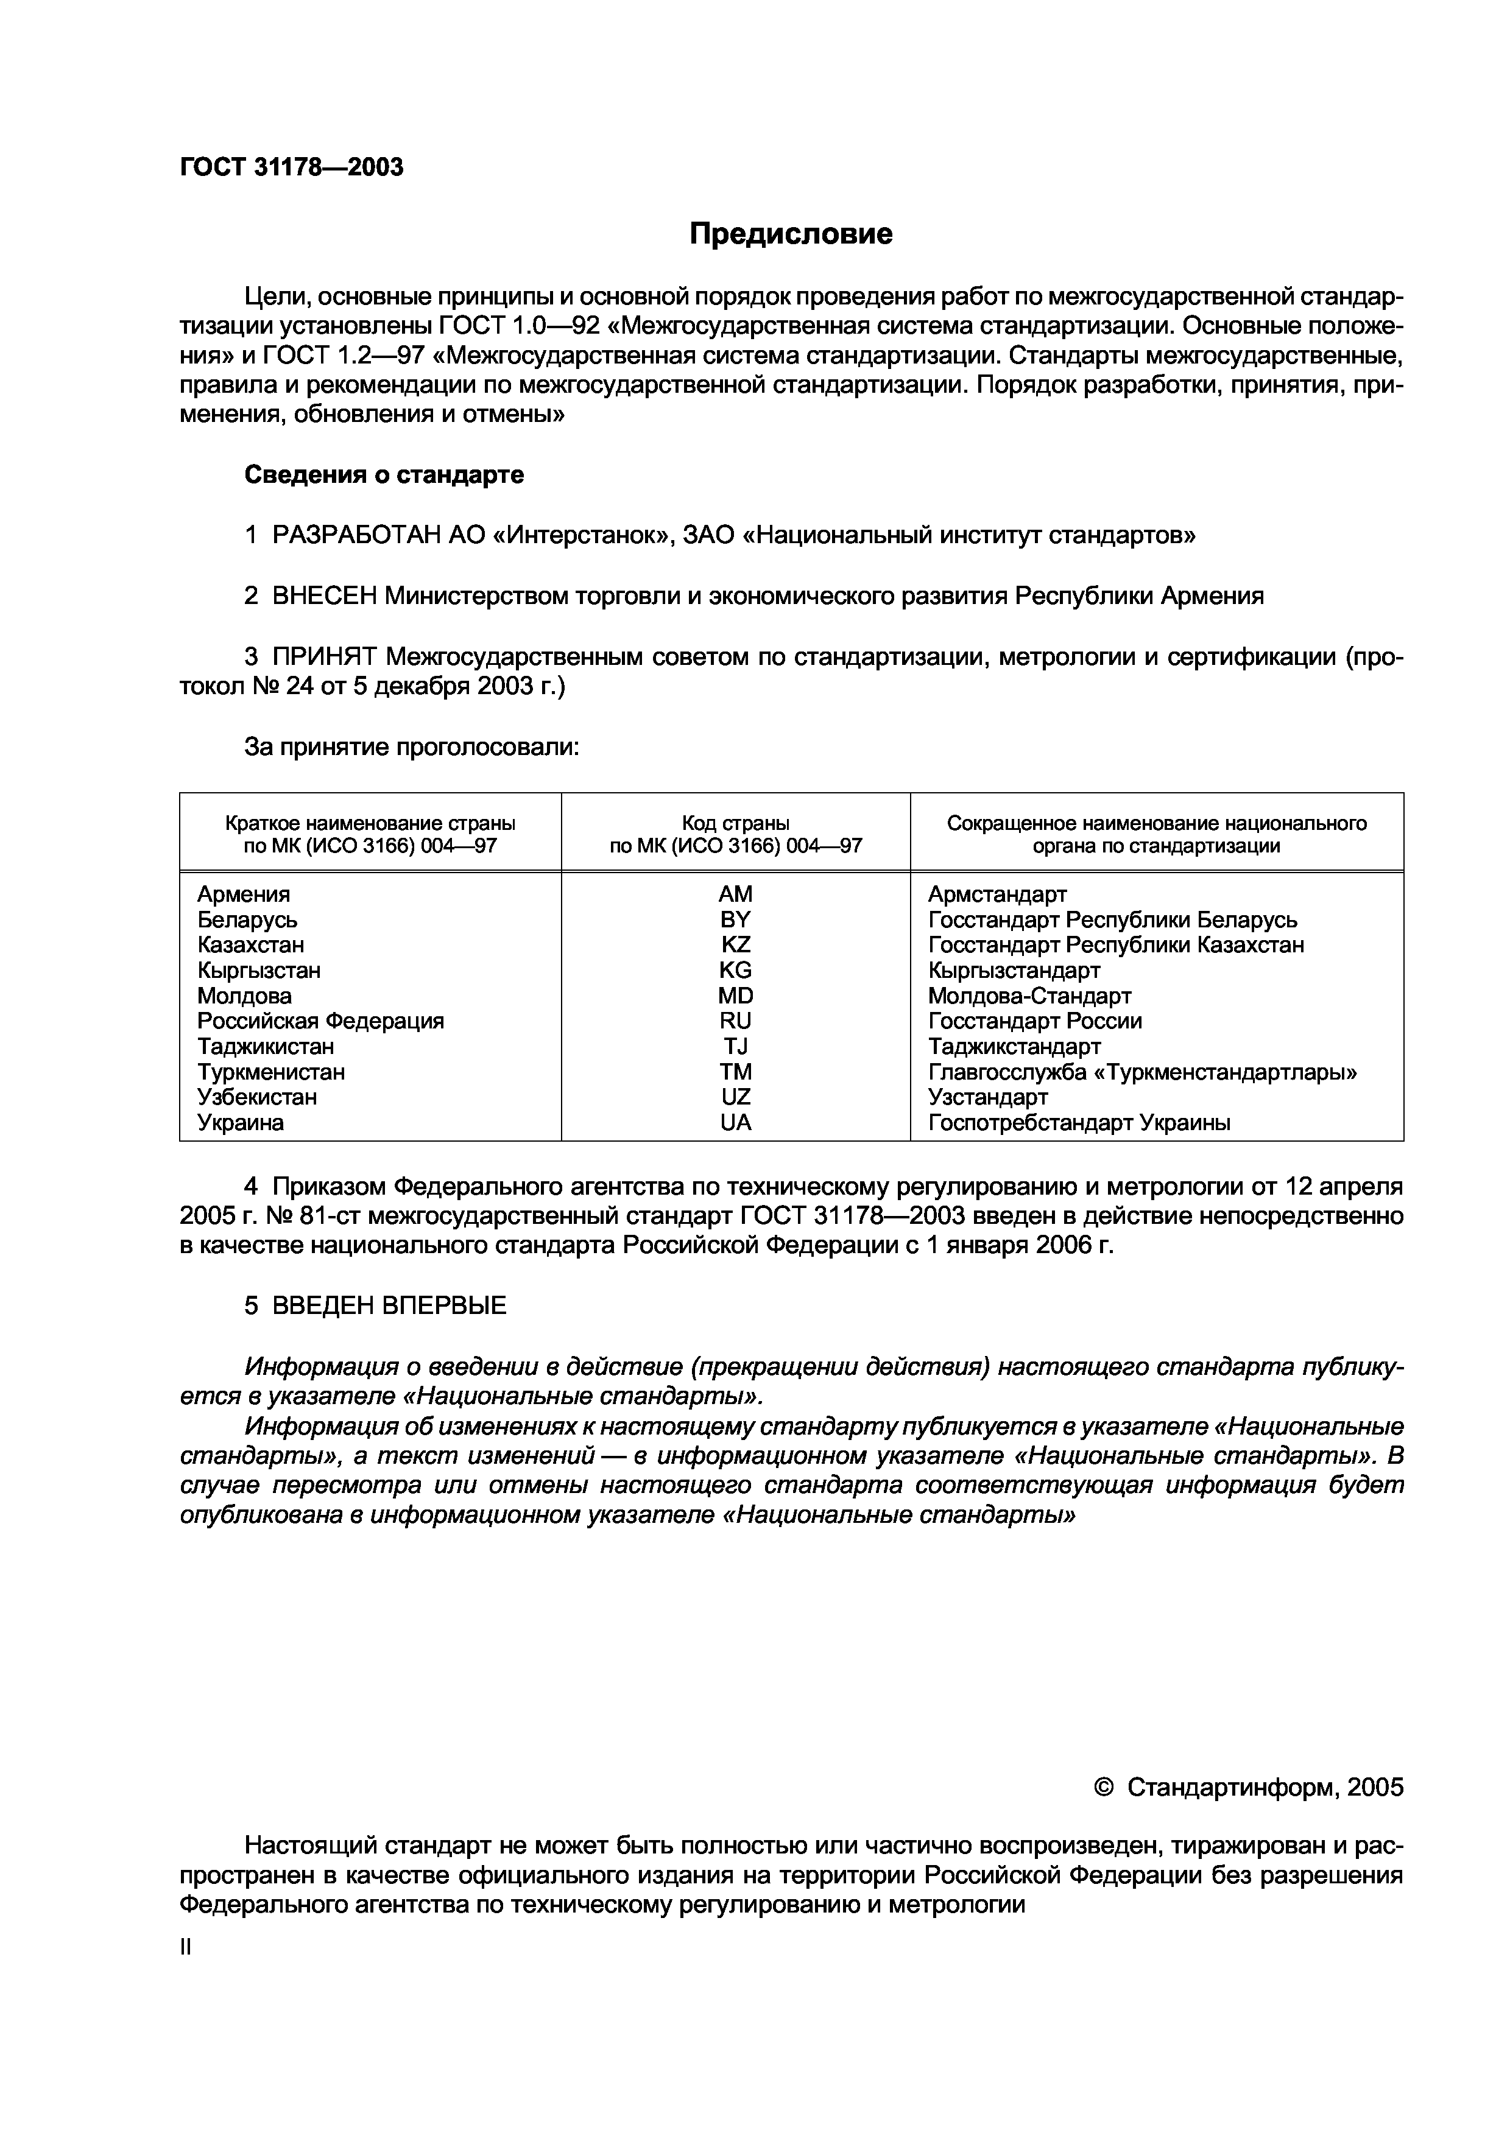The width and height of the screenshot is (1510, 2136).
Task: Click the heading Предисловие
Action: pyautogui.click(x=790, y=233)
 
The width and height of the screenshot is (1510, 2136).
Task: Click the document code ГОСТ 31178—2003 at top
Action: pyautogui.click(x=291, y=167)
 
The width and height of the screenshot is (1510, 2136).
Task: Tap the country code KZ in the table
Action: pyautogui.click(x=735, y=944)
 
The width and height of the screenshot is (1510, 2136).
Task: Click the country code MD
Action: pyautogui.click(x=735, y=996)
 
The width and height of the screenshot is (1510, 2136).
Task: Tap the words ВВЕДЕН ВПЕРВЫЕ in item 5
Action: pyautogui.click(x=389, y=1305)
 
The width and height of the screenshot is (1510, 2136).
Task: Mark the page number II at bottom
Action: pyautogui.click(x=185, y=1947)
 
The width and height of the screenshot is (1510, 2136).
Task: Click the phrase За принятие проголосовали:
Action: pyautogui.click(x=411, y=747)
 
